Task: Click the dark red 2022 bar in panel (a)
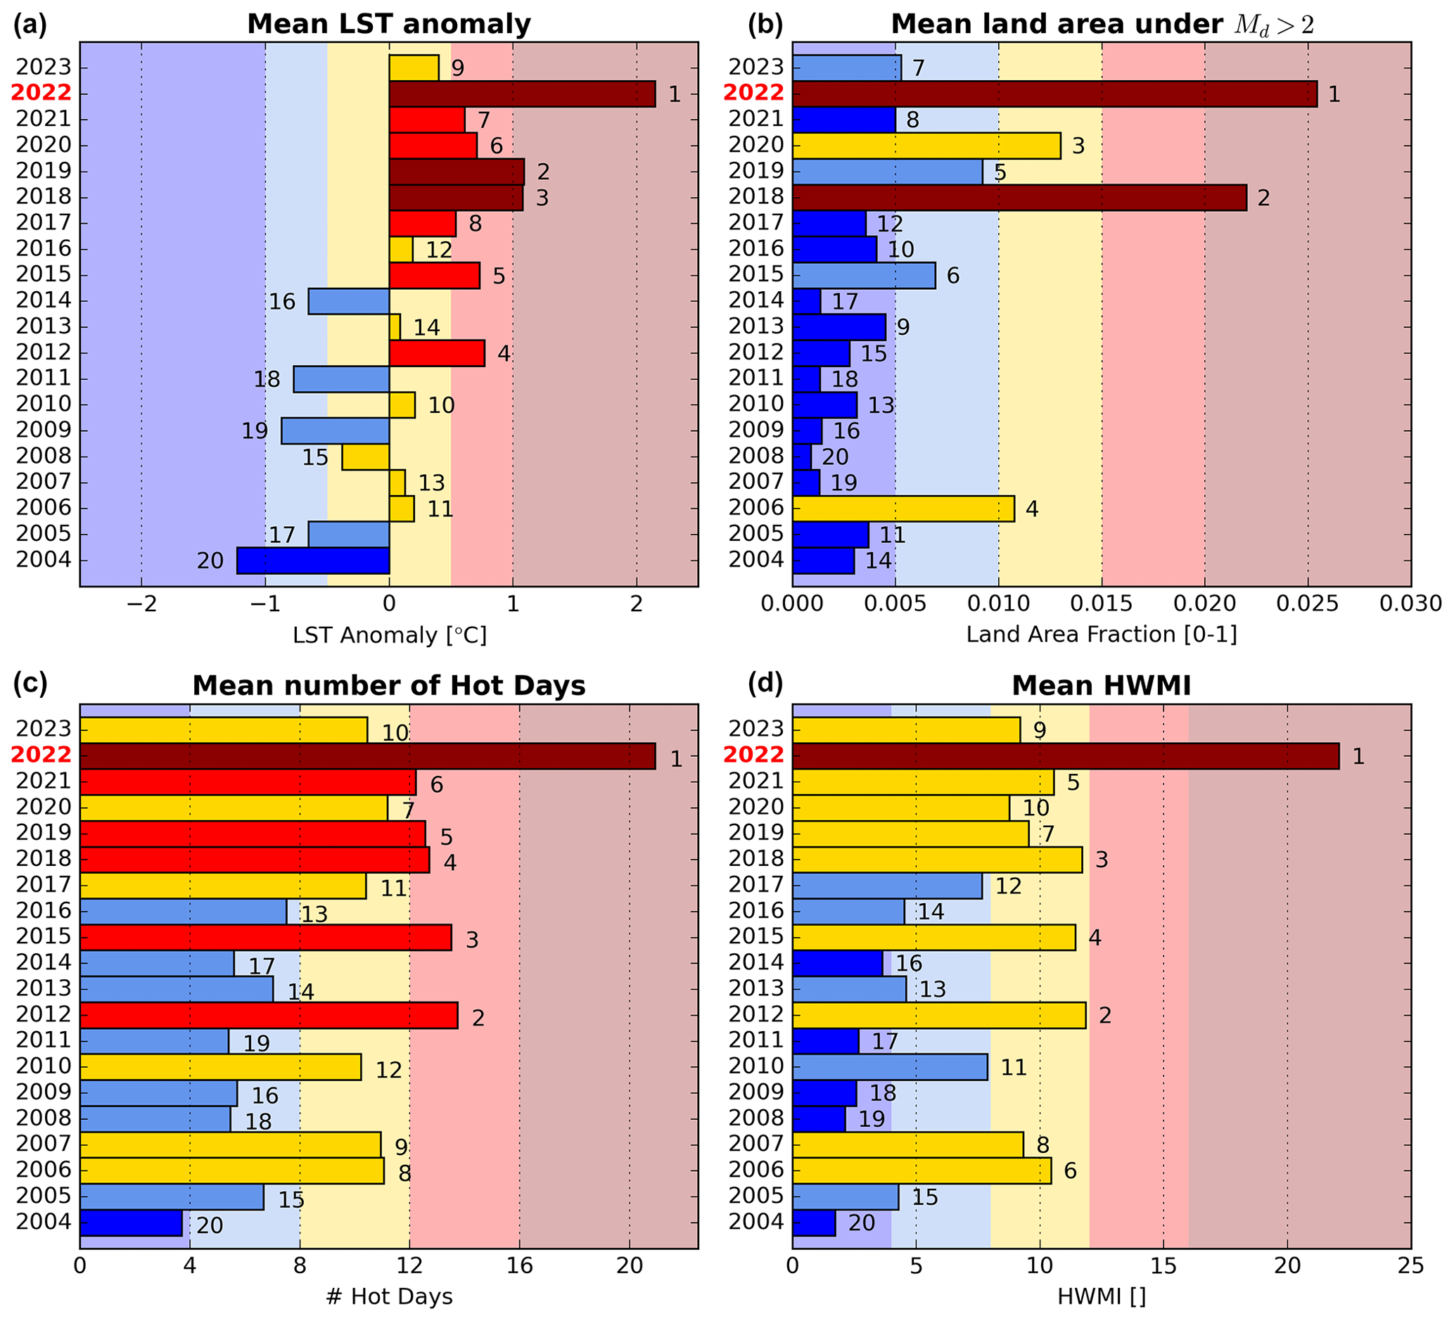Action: pos(522,94)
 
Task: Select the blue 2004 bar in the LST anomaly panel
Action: pos(313,561)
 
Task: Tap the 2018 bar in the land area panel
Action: pos(1019,198)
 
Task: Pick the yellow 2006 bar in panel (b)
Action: pos(903,509)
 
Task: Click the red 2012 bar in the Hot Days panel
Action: pos(268,1015)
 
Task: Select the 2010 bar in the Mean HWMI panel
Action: pos(890,1067)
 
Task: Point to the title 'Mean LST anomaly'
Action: pos(389,24)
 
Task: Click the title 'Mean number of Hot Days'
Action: pos(389,685)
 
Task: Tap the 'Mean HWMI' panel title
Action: pos(1101,685)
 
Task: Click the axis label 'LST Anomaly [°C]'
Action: pos(390,635)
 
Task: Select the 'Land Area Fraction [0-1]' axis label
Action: pos(1102,634)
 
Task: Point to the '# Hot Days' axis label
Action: pos(389,1296)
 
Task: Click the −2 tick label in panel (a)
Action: pos(141,604)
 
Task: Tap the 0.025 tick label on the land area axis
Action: pos(1307,604)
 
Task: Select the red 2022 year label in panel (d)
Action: pos(753,755)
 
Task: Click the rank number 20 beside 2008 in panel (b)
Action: pos(835,457)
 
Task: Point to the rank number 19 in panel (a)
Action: pos(255,431)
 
